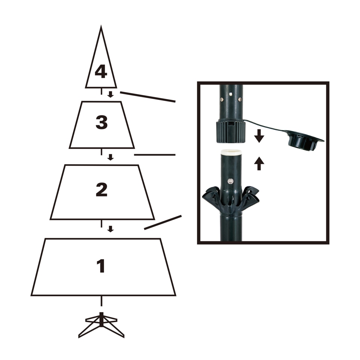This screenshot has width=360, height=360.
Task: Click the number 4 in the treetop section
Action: pyautogui.click(x=100, y=71)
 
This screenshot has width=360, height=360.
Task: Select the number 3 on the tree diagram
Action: pyautogui.click(x=101, y=123)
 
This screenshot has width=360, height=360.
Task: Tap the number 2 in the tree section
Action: pyautogui.click(x=101, y=190)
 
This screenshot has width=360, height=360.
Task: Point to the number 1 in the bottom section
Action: pyautogui.click(x=100, y=266)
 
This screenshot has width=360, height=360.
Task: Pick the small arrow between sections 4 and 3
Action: pyautogui.click(x=110, y=94)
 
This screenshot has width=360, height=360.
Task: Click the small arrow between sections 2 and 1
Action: pyautogui.click(x=110, y=228)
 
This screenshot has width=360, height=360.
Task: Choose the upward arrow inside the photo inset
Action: pyautogui.click(x=259, y=163)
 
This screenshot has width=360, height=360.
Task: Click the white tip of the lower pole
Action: pyautogui.click(x=231, y=152)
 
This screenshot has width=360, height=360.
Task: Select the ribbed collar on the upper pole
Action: pyautogui.click(x=231, y=131)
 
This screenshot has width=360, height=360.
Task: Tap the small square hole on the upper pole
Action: pyautogui.click(x=231, y=94)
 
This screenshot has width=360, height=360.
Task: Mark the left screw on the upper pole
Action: pyautogui.click(x=222, y=99)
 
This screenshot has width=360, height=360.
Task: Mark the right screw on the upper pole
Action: pyautogui.click(x=240, y=99)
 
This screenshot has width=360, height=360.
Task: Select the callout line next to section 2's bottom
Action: pyautogui.click(x=163, y=222)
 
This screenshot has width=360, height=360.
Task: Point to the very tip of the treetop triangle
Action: pyautogui.click(x=101, y=27)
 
